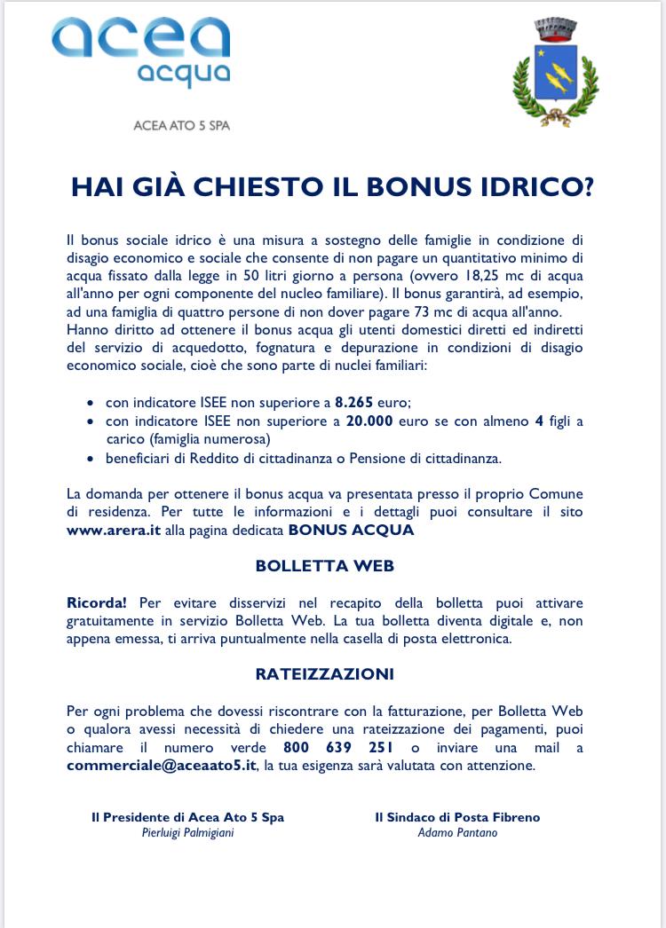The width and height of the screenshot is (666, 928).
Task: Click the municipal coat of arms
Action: tap(556, 72)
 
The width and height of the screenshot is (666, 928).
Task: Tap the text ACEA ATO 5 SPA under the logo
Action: tap(180, 125)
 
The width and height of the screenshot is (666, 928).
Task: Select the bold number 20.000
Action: tap(370, 421)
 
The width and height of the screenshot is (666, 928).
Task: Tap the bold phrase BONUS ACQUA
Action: tap(351, 531)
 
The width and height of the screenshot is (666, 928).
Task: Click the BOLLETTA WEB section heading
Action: tap(324, 566)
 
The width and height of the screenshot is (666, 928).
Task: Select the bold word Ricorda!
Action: tap(96, 603)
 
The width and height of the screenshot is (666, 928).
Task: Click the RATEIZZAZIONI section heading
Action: tap(324, 674)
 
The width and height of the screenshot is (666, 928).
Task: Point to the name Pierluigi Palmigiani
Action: tap(187, 833)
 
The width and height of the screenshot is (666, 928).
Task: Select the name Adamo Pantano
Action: tap(457, 833)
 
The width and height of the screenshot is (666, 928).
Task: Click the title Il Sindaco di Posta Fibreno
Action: tap(457, 817)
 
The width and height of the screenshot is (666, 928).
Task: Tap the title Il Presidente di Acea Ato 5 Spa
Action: tap(187, 817)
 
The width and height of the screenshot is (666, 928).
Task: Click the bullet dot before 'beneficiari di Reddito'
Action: tap(91, 459)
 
